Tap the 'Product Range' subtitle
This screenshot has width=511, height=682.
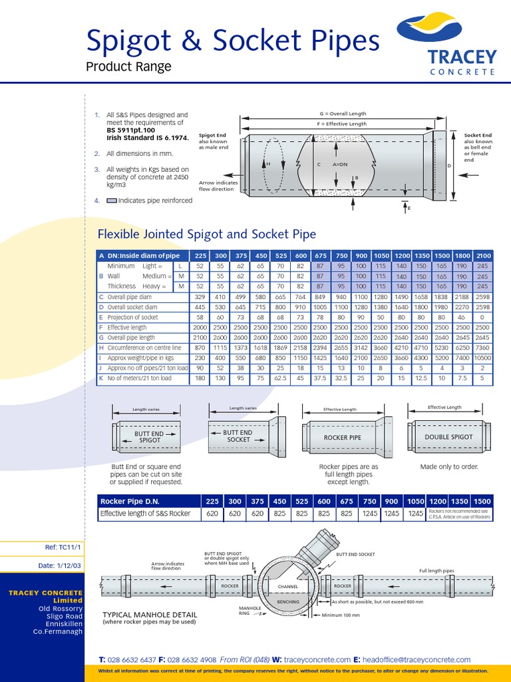click(128, 67)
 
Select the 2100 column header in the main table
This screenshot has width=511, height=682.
click(483, 255)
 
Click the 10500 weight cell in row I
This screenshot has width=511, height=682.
click(483, 358)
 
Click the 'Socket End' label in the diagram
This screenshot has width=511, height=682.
click(478, 135)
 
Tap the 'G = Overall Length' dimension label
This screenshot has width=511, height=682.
click(343, 114)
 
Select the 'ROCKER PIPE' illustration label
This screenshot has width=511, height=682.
click(342, 438)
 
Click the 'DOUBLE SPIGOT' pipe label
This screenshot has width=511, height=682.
click(448, 437)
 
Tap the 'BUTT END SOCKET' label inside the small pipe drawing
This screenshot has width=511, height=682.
click(238, 436)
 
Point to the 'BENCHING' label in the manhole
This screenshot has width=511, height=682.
click(287, 601)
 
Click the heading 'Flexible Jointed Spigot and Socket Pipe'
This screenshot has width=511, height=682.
click(206, 234)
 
